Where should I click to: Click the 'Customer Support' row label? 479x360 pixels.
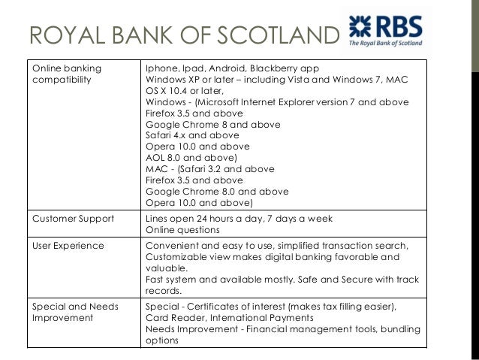[x=73, y=219]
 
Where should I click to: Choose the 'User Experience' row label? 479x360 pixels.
[x=68, y=246]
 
